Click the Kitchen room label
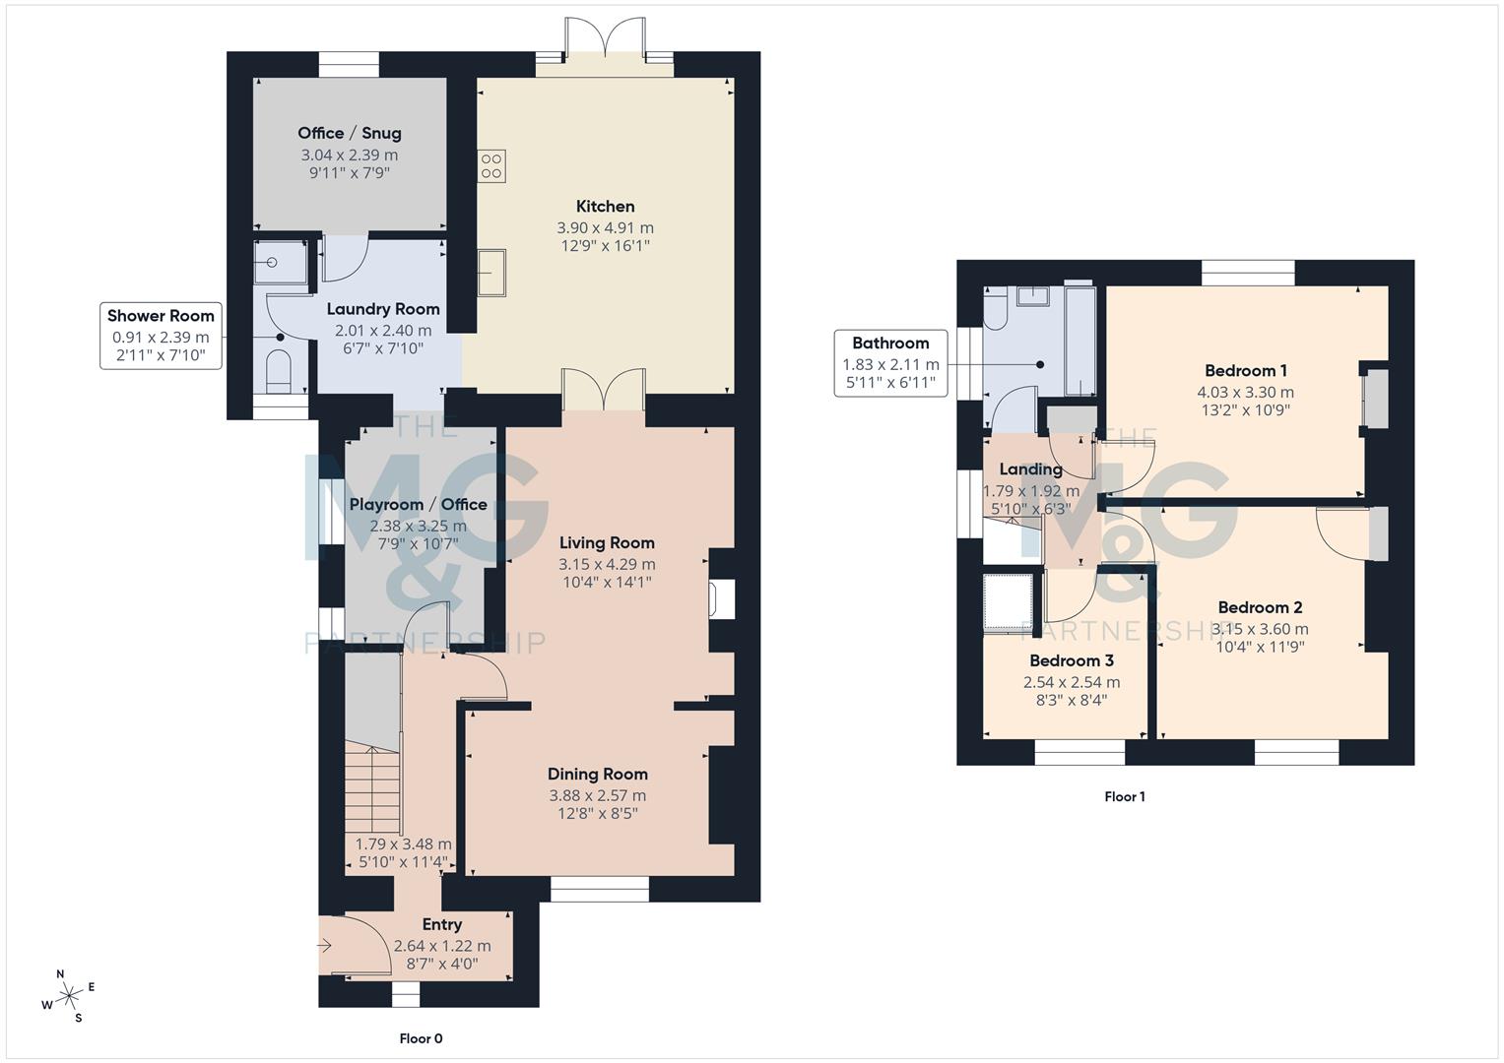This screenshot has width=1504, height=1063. (605, 207)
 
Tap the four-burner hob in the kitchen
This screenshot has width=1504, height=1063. (491, 165)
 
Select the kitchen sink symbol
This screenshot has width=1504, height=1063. (491, 273)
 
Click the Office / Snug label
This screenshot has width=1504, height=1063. (350, 133)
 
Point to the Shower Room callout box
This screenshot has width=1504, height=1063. (161, 336)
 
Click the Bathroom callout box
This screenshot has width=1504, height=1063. (890, 362)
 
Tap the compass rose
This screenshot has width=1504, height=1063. (70, 997)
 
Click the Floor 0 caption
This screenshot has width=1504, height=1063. (421, 1038)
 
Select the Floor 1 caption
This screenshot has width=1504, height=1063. (1124, 796)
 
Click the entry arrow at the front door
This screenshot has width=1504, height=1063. (325, 946)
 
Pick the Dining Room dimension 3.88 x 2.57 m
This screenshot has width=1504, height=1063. (598, 795)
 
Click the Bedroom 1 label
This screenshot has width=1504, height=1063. (1245, 371)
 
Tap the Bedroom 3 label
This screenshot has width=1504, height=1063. (1072, 660)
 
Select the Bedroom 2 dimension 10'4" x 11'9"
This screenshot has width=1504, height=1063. (1260, 648)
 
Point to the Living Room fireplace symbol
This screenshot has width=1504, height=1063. (722, 599)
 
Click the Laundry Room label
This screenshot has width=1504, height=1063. (383, 309)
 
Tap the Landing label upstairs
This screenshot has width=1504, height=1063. (1030, 469)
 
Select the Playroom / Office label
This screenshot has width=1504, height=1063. (419, 505)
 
